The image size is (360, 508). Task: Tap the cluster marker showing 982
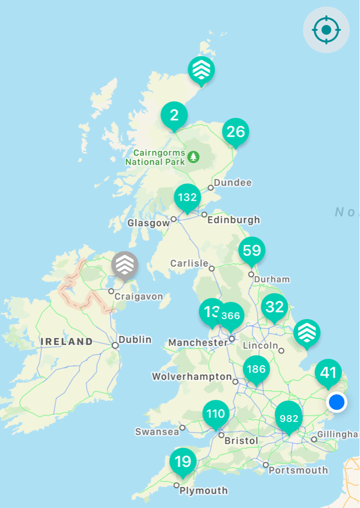click(x=288, y=418)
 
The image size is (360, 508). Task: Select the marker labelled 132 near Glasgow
click(x=188, y=197)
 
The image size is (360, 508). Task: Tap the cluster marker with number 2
click(x=174, y=115)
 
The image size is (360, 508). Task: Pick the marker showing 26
click(x=236, y=132)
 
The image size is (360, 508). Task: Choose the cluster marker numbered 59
click(x=252, y=250)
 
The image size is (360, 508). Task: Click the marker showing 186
click(x=256, y=369)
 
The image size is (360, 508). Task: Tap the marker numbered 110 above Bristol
click(x=216, y=414)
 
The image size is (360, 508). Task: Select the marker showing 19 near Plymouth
click(x=183, y=461)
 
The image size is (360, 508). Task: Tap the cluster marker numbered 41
click(x=328, y=373)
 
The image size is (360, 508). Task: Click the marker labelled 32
click(x=275, y=307)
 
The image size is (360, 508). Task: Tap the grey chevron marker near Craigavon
click(x=125, y=265)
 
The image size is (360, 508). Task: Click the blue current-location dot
click(x=337, y=402)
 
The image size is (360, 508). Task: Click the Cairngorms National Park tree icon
click(x=193, y=156)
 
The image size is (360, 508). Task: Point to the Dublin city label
click(x=135, y=339)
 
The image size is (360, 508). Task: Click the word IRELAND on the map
click(x=67, y=342)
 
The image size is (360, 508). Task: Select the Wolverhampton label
click(x=192, y=377)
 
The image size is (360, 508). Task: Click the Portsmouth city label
click(x=298, y=470)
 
